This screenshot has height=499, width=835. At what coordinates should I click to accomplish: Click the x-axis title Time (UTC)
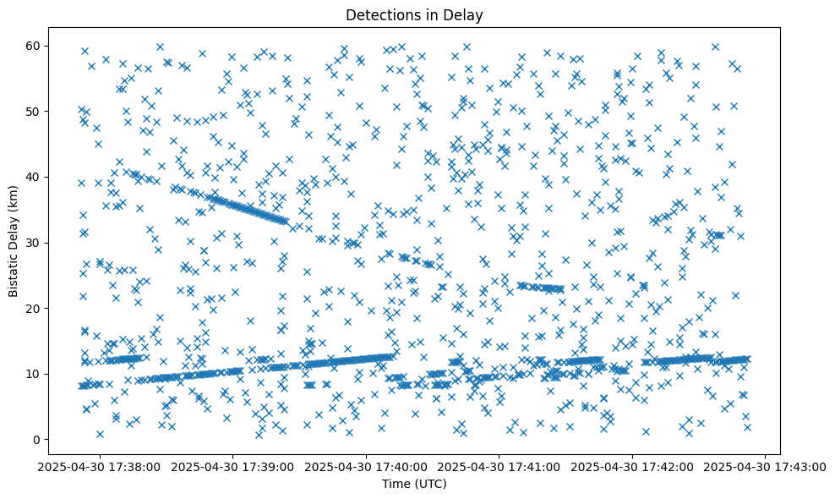tap(414, 485)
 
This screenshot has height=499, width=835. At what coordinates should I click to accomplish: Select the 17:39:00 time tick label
tap(233, 466)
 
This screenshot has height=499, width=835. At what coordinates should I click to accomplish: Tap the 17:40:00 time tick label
tap(367, 466)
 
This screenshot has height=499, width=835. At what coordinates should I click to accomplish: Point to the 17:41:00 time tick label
tap(499, 466)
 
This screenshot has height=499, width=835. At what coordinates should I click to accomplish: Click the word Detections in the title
tap(382, 14)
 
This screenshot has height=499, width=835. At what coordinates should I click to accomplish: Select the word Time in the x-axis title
tap(395, 485)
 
